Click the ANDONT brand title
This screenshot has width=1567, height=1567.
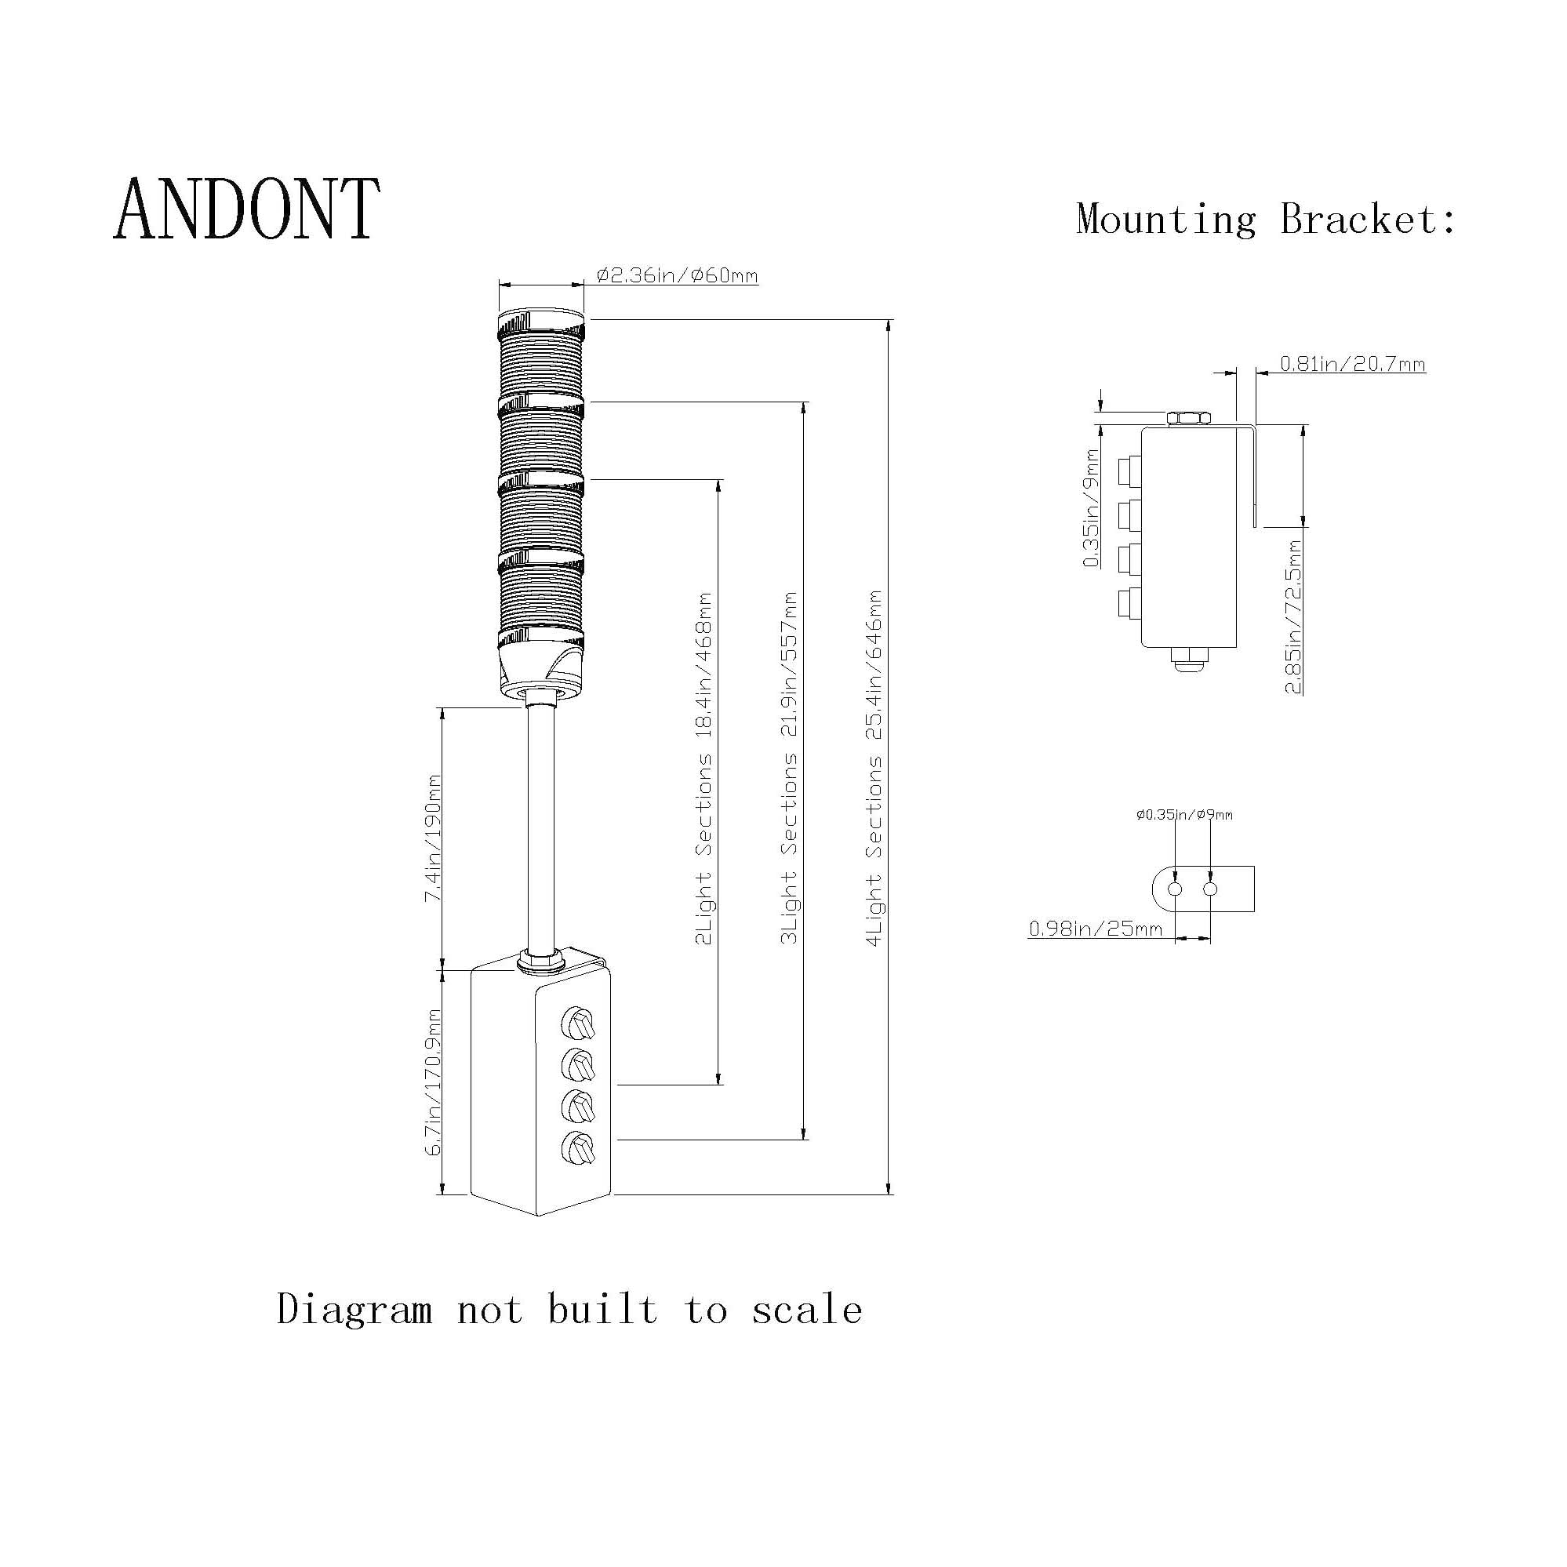(246, 209)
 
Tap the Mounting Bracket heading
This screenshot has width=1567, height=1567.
(1265, 220)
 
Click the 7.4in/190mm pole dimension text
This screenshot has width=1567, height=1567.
(434, 837)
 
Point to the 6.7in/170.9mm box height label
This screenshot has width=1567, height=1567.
(434, 1082)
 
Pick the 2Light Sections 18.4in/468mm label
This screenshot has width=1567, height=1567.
(704, 768)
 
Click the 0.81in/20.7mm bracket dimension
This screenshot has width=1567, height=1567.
(1352, 364)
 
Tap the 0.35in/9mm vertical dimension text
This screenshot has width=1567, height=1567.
(1092, 507)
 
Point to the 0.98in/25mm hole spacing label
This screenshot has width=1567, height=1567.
(1095, 928)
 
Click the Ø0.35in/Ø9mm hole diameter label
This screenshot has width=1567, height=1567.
(1184, 814)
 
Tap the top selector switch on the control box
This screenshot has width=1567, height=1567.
(578, 1024)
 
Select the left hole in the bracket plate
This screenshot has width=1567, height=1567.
(1175, 889)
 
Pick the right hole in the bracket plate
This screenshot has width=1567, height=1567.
(1210, 889)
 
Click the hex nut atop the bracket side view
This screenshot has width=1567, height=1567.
(1189, 419)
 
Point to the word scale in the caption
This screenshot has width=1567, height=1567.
(806, 1311)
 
